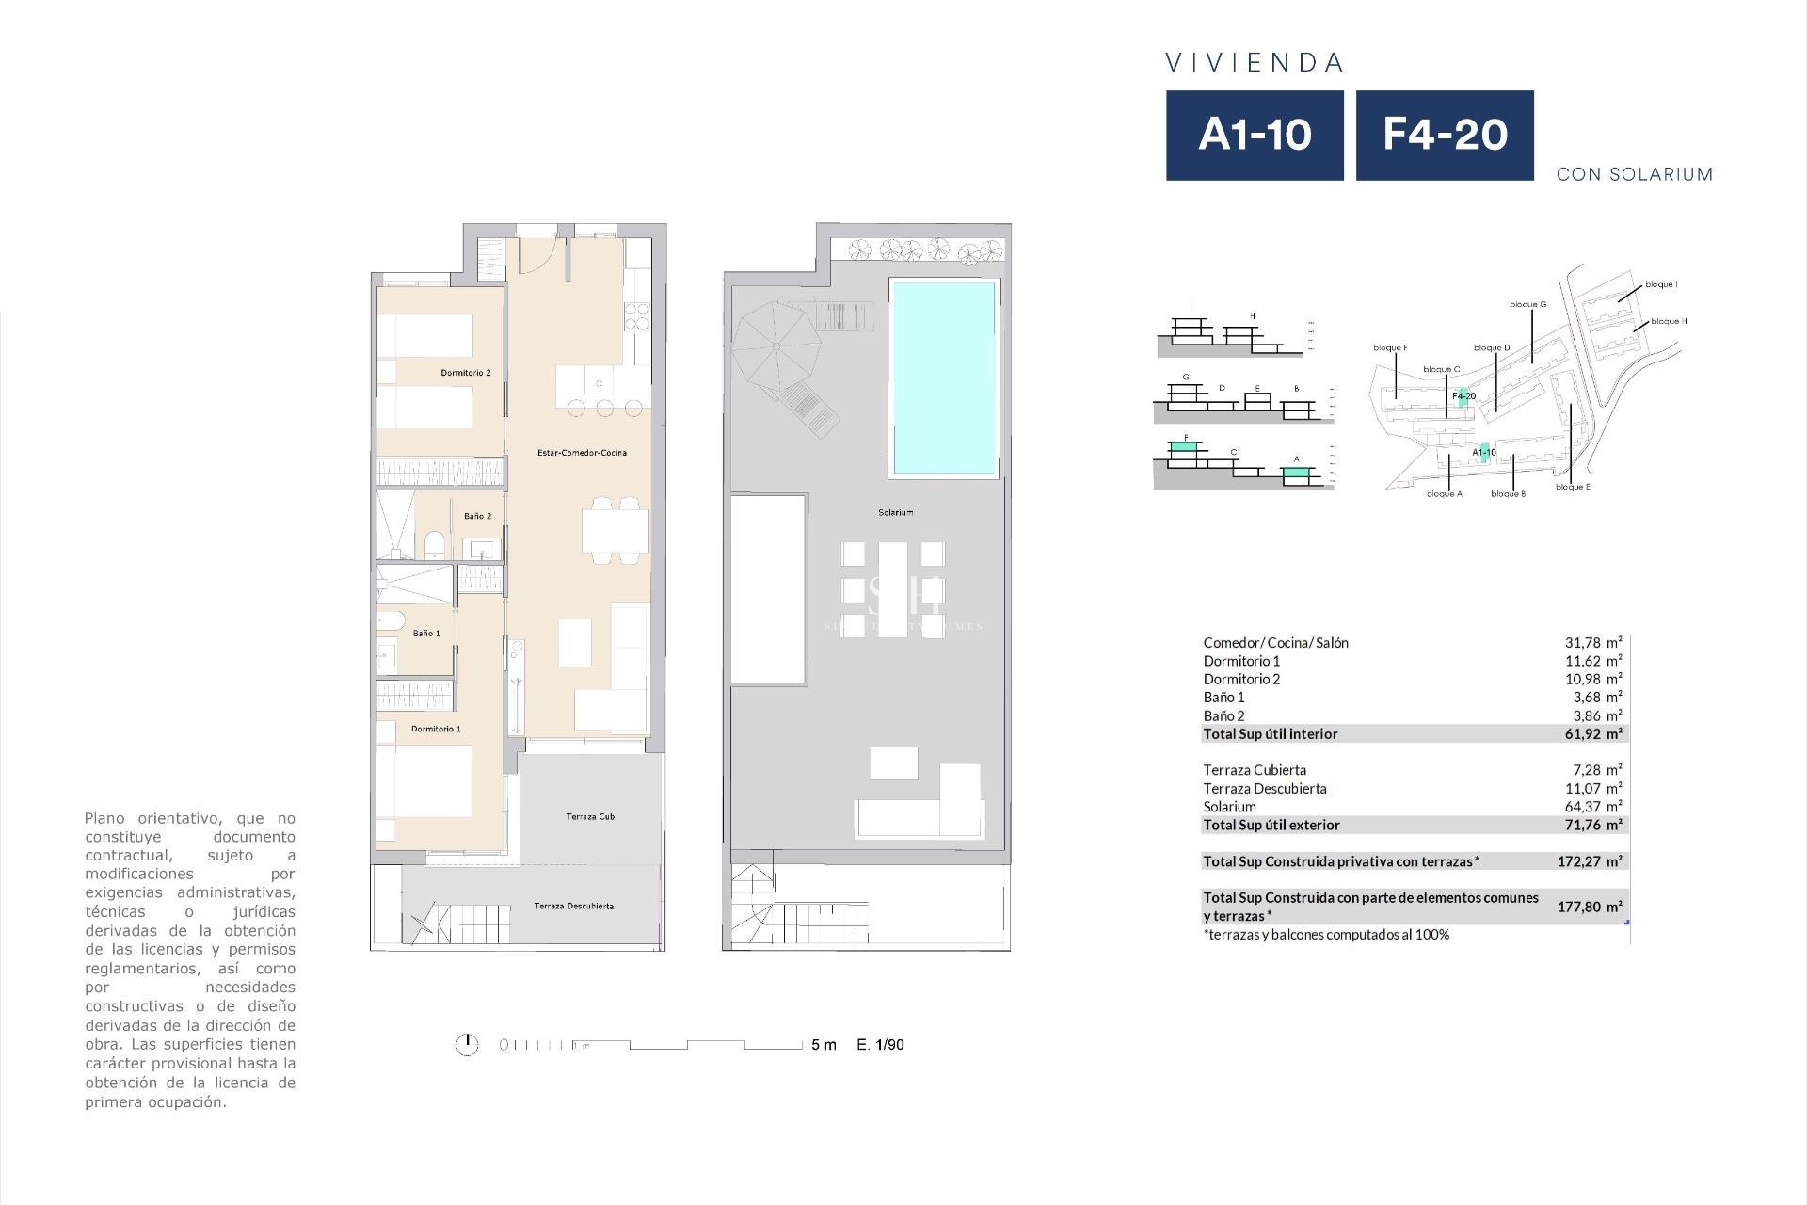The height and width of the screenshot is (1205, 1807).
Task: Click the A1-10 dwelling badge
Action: [x=1255, y=135]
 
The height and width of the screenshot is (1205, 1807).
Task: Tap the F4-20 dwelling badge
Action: [x=1445, y=135]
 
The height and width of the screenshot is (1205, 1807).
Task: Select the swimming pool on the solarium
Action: [x=944, y=377]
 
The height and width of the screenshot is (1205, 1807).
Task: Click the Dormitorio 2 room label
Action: [x=466, y=373]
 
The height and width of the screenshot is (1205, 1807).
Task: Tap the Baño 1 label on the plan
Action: [x=426, y=634]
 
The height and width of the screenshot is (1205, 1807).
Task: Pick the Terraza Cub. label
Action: [x=591, y=816]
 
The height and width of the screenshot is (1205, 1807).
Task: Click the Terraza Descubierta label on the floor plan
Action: [x=573, y=906]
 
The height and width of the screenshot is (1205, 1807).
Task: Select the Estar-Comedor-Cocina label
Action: [x=582, y=453]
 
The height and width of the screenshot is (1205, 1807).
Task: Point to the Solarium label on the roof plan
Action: [x=895, y=513]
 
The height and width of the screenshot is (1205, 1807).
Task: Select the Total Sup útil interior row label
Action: [x=1270, y=733]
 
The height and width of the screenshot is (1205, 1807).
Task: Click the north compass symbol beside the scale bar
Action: [x=467, y=1044]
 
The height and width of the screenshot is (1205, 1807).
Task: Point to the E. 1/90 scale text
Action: [x=880, y=1044]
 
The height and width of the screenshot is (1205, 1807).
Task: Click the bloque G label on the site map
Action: [x=1527, y=304]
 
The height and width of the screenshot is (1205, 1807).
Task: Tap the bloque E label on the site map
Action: [x=1573, y=487]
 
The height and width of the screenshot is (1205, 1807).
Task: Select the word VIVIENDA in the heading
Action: [x=1255, y=63]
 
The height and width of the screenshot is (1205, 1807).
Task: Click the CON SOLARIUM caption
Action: [x=1634, y=174]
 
